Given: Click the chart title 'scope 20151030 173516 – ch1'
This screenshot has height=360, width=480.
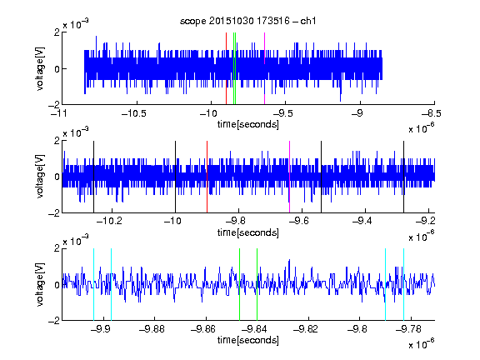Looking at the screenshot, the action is click(x=248, y=21).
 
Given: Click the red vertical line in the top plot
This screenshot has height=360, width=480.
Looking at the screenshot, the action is click(x=226, y=68).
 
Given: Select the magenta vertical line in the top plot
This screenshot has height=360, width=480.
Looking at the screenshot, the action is click(x=264, y=68).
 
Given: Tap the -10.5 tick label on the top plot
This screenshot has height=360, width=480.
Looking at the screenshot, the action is click(x=134, y=113).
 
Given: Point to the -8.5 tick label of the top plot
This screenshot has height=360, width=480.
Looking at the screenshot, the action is click(x=431, y=113).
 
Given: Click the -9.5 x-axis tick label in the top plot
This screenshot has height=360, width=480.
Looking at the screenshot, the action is click(x=283, y=113).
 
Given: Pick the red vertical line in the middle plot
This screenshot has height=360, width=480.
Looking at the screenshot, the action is click(x=207, y=177).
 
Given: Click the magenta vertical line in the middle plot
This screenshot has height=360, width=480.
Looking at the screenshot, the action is click(x=290, y=177).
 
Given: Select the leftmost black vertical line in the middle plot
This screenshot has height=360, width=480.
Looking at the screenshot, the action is click(x=93, y=177).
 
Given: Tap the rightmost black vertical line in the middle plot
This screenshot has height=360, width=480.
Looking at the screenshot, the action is click(x=404, y=177).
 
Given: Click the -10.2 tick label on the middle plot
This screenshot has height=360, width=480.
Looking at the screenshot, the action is click(x=109, y=221).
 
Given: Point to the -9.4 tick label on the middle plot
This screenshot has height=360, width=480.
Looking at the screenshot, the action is click(x=362, y=221).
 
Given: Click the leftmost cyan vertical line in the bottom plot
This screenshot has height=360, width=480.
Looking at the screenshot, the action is click(x=93, y=284).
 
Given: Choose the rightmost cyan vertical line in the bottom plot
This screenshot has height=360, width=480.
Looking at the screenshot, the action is click(x=404, y=284).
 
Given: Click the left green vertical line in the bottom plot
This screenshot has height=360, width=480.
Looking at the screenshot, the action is click(x=240, y=284).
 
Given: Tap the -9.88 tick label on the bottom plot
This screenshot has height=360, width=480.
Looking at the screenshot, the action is click(x=152, y=329).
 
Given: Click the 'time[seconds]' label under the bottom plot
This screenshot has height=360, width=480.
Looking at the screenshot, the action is click(x=248, y=340).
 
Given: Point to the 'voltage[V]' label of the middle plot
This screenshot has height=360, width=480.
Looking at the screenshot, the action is click(x=40, y=177).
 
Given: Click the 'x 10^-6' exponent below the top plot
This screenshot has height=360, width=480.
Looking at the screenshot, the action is click(x=422, y=127).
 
